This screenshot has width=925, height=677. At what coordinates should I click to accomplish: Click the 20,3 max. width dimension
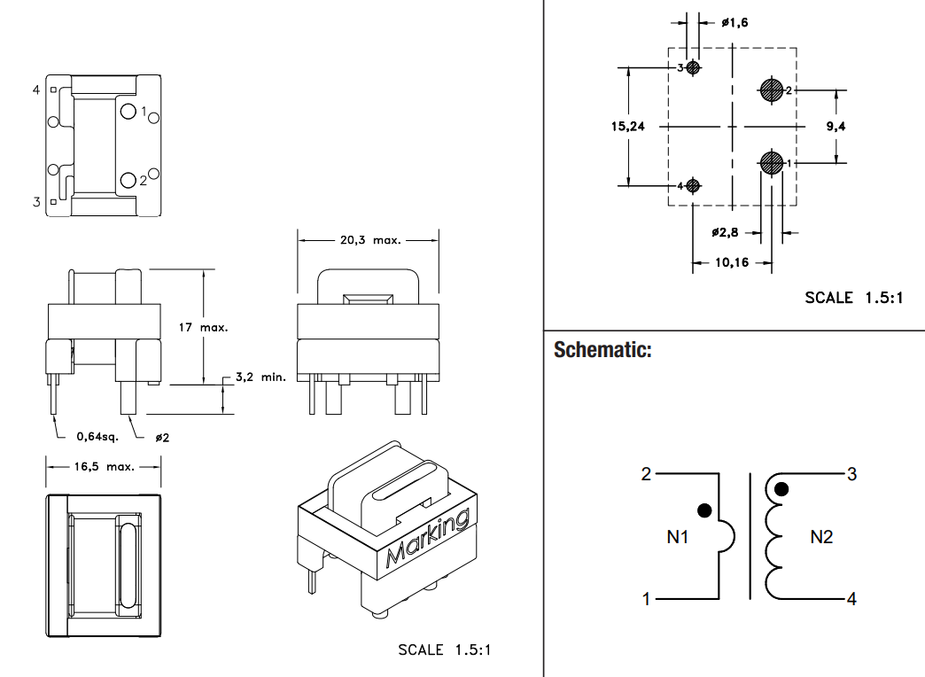pyautogui.click(x=370, y=240)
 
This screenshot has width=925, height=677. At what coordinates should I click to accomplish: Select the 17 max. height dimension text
pyautogui.click(x=203, y=327)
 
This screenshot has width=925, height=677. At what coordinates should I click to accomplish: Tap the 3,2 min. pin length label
pyautogui.click(x=260, y=377)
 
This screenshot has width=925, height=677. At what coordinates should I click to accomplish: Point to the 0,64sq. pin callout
pyautogui.click(x=97, y=437)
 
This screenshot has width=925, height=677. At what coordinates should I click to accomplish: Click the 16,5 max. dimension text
pyautogui.click(x=105, y=466)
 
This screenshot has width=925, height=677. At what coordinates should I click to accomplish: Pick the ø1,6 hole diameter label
pyautogui.click(x=735, y=22)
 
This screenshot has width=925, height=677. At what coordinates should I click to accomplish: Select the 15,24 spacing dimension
pyautogui.click(x=627, y=126)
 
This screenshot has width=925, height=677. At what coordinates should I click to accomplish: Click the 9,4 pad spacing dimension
pyautogui.click(x=836, y=126)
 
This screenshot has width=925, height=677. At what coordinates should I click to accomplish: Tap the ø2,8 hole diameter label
pyautogui.click(x=725, y=232)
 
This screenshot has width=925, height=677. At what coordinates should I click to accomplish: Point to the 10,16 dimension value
pyautogui.click(x=732, y=262)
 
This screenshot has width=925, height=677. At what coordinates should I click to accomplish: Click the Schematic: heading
pyautogui.click(x=602, y=349)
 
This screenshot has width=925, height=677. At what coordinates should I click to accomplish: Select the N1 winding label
pyautogui.click(x=678, y=536)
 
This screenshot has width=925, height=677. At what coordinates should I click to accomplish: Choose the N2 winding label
pyautogui.click(x=821, y=536)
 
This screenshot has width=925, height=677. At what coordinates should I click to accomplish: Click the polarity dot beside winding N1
pyautogui.click(x=704, y=510)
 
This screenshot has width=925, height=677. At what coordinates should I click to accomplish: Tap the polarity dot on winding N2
pyautogui.click(x=781, y=489)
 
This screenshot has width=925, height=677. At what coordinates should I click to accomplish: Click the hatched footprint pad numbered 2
pyautogui.click(x=771, y=90)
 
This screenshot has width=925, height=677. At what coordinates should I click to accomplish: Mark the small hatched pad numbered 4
pyautogui.click(x=693, y=186)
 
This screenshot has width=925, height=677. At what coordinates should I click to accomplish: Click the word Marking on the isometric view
pyautogui.click(x=428, y=538)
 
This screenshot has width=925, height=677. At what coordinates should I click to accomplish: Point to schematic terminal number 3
pyautogui.click(x=851, y=474)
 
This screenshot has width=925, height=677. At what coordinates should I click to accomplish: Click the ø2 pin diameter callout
pyautogui.click(x=162, y=438)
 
